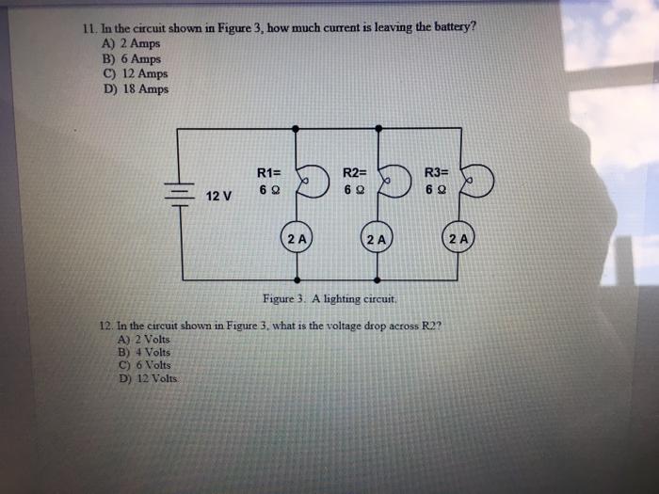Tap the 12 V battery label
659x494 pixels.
pyautogui.click(x=219, y=196)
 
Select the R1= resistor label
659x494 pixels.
pyautogui.click(x=268, y=172)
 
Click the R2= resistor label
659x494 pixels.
pyautogui.click(x=354, y=172)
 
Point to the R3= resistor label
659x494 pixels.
pyautogui.click(x=436, y=172)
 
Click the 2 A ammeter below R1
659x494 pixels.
pyautogui.click(x=297, y=239)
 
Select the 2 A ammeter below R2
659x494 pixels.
pyautogui.click(x=378, y=239)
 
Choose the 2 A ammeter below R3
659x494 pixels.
pyautogui.click(x=459, y=239)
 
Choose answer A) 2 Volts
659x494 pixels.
pyautogui.click(x=142, y=339)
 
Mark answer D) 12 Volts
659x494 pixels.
pyautogui.click(x=146, y=378)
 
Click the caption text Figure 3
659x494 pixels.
pyautogui.click(x=329, y=298)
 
